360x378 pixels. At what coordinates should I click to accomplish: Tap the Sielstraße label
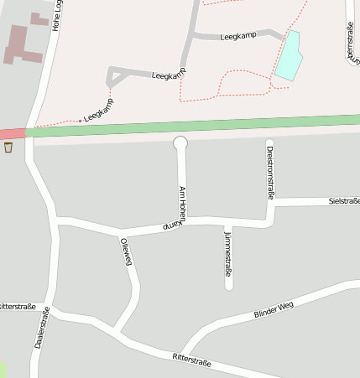click(x=344, y=201)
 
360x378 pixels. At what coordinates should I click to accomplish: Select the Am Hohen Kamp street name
click(x=180, y=207)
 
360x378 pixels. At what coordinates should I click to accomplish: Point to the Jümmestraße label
click(x=228, y=256)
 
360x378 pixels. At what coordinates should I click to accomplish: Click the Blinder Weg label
click(x=274, y=308)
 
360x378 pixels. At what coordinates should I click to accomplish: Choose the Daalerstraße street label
click(x=42, y=329)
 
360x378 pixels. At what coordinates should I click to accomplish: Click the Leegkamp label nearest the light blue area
click(x=237, y=37)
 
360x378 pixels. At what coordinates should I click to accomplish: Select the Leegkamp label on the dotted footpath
click(x=99, y=109)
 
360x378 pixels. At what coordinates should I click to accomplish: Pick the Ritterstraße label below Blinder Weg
click(x=191, y=361)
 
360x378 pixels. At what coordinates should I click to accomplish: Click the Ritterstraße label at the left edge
click(x=17, y=307)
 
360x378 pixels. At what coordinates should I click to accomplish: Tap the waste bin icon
click(x=8, y=148)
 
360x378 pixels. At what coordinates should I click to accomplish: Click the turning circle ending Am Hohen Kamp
click(x=180, y=143)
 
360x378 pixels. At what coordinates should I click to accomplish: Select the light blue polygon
click(x=288, y=57)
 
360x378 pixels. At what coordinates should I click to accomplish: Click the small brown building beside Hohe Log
click(x=39, y=18)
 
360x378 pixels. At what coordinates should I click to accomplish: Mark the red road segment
click(x=12, y=133)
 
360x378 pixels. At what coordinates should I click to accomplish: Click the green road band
click(x=193, y=126)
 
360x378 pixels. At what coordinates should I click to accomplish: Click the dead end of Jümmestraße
click(x=229, y=287)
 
